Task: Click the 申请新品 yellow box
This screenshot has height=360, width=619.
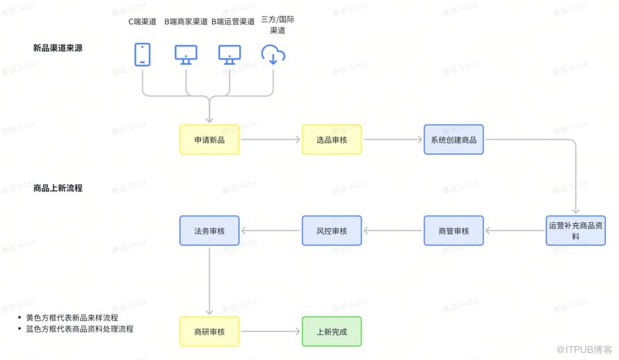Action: (209, 140)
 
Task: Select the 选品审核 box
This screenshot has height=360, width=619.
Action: (331, 140)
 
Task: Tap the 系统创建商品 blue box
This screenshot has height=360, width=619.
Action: (453, 140)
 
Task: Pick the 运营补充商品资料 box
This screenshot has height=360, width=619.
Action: (575, 230)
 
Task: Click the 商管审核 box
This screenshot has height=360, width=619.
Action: (453, 231)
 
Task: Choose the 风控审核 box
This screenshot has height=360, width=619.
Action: (331, 231)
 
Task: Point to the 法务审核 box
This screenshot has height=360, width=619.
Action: (209, 231)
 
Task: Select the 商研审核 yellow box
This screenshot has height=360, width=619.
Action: (209, 332)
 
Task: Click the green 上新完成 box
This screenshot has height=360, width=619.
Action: (331, 332)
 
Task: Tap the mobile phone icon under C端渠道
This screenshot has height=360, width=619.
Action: (143, 54)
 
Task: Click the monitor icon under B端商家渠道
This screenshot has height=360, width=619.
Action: (186, 54)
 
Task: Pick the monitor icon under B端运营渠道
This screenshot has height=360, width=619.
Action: (230, 54)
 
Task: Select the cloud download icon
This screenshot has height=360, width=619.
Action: (273, 54)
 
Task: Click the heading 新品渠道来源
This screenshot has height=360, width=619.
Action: (58, 48)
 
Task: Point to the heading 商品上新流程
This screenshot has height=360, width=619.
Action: (58, 188)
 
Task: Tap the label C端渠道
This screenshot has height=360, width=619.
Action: (143, 21)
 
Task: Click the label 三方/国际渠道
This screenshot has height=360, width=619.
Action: (277, 25)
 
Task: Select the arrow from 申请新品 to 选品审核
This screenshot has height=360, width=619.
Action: (270, 140)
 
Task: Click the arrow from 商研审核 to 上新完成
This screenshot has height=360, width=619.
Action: (270, 332)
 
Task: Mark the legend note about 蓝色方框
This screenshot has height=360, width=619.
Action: (79, 329)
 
